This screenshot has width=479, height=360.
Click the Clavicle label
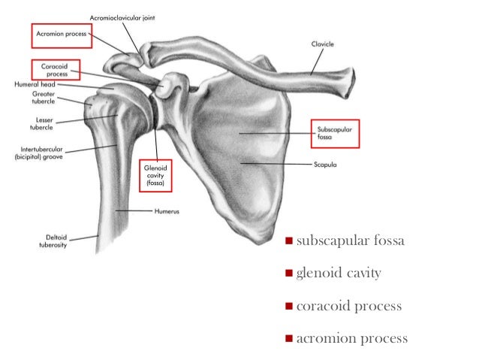pyautogui.click(x=324, y=44)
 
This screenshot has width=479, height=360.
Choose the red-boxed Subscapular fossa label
pyautogui.click(x=336, y=135)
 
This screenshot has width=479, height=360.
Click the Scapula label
pyautogui.click(x=325, y=162)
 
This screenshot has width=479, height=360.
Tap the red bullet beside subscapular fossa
pyautogui.click(x=288, y=242)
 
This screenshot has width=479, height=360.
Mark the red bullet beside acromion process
pyautogui.click(x=288, y=339)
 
